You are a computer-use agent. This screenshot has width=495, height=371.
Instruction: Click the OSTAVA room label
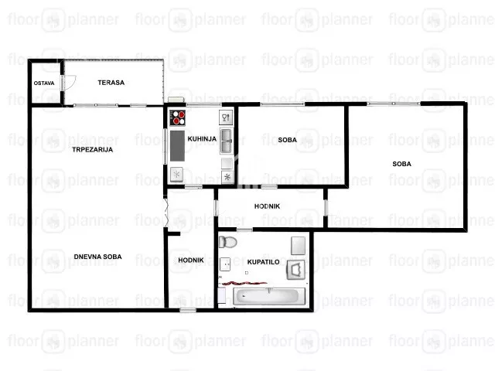pyautogui.click(x=44, y=83)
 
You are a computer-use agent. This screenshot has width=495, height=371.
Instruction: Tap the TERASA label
pyautogui.click(x=111, y=83)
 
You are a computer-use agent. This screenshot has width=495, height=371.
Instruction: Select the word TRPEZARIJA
pyautogui.click(x=93, y=149)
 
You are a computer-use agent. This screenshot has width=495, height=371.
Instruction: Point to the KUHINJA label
pyautogui.click(x=202, y=139)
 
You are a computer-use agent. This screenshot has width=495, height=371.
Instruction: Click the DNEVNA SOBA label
pyautogui.click(x=98, y=257)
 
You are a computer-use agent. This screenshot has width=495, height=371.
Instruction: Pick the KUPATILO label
pyautogui.click(x=263, y=262)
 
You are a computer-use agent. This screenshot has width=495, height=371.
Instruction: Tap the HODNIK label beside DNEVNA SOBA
pyautogui.click(x=191, y=260)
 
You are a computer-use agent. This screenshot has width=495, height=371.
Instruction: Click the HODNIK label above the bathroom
pyautogui.click(x=267, y=206)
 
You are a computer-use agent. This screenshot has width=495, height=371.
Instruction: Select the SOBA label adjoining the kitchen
pyautogui.click(x=287, y=140)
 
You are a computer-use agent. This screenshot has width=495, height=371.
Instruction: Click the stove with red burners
pyautogui.click(x=178, y=117)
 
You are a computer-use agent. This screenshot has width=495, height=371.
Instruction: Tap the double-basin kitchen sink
pyautogui.click(x=227, y=141)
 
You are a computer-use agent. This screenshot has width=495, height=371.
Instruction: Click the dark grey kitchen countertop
pyautogui.click(x=177, y=146)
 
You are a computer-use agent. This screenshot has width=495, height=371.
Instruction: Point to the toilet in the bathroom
pyautogui.click(x=227, y=242)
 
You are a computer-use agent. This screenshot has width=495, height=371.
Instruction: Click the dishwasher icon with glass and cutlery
pyautogui.click(x=226, y=117)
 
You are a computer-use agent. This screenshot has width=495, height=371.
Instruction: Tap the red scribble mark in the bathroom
pyautogui.click(x=244, y=284)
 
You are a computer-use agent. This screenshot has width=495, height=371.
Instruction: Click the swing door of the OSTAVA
pyautogui.click(x=70, y=83)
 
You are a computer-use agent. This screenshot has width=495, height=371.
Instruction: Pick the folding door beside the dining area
pyautogui.click(x=166, y=211)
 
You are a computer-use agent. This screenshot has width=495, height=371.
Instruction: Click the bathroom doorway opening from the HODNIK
pyautogui.click(x=244, y=230)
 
